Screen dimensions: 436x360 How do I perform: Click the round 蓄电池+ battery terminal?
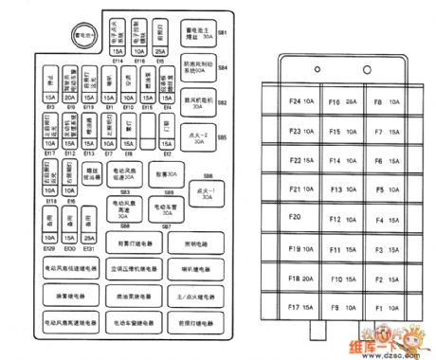pos(83,38)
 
